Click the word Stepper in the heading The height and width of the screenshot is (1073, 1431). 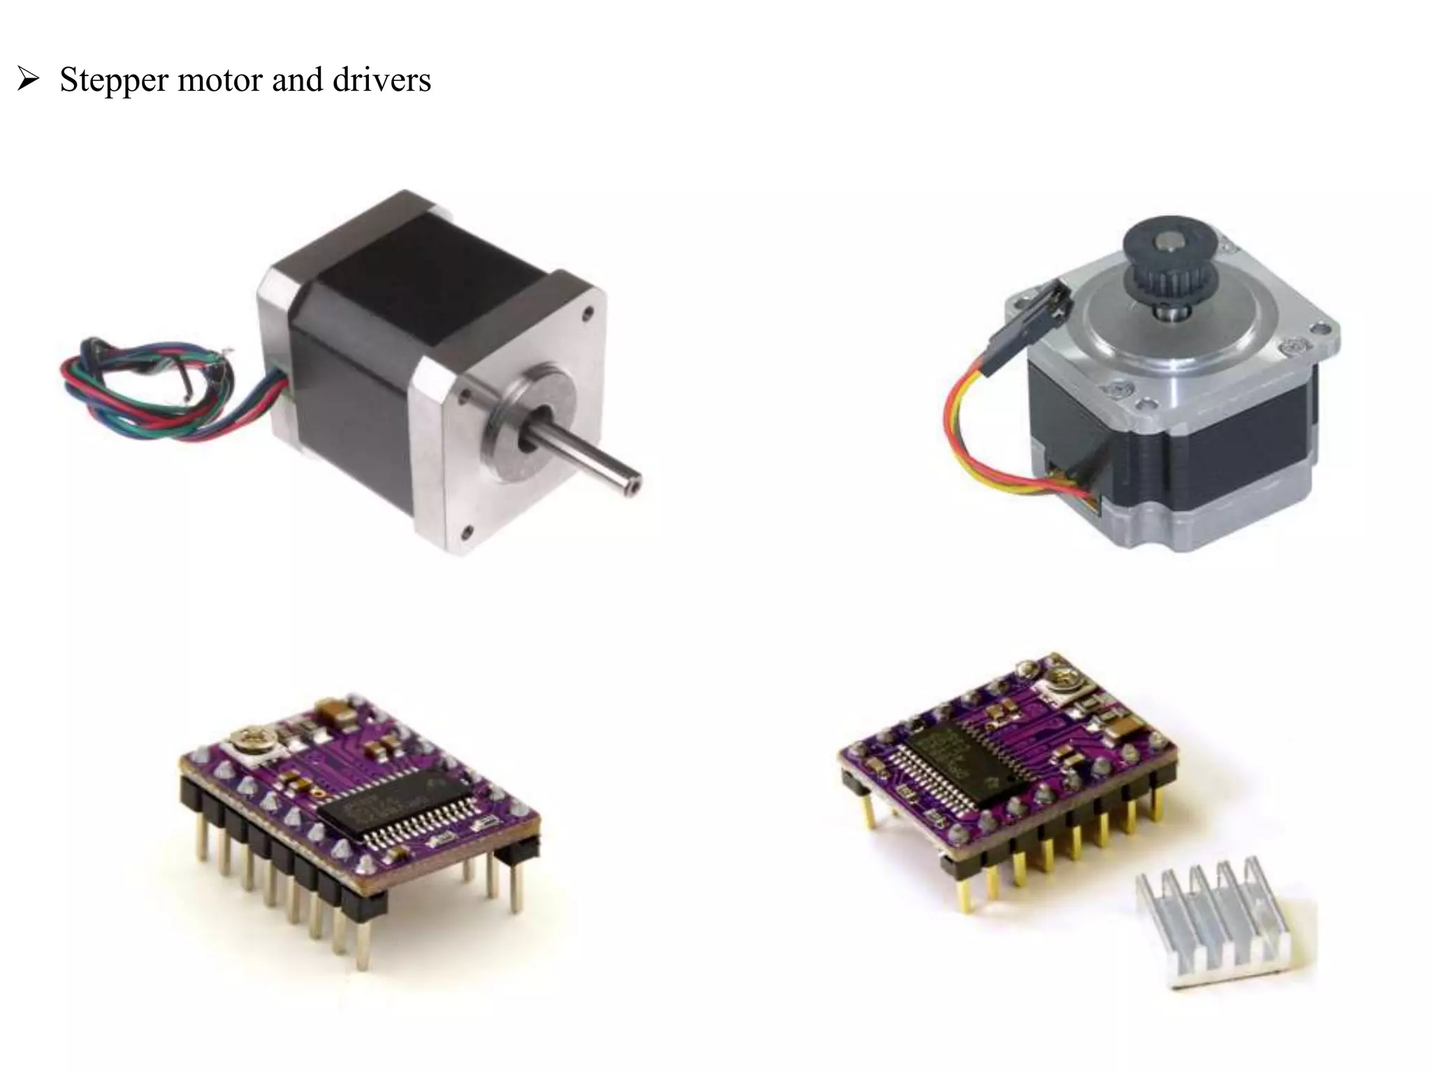[114, 81]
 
